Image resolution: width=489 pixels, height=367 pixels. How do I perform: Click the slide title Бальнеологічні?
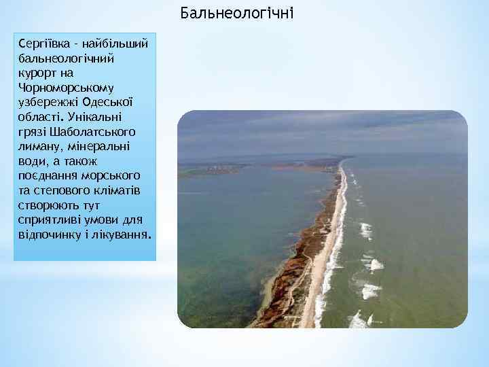238,13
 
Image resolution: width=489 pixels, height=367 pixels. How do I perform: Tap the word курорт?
39,73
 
